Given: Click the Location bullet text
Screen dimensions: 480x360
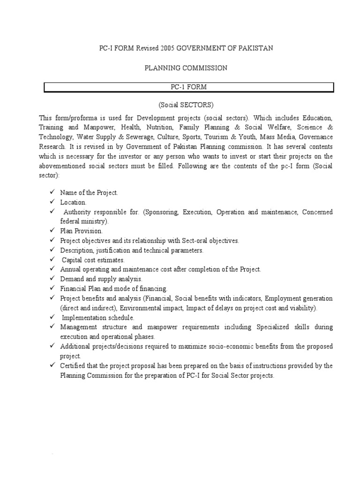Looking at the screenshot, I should click(73, 202).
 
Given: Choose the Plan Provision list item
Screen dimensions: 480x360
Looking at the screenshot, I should click(81, 231).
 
